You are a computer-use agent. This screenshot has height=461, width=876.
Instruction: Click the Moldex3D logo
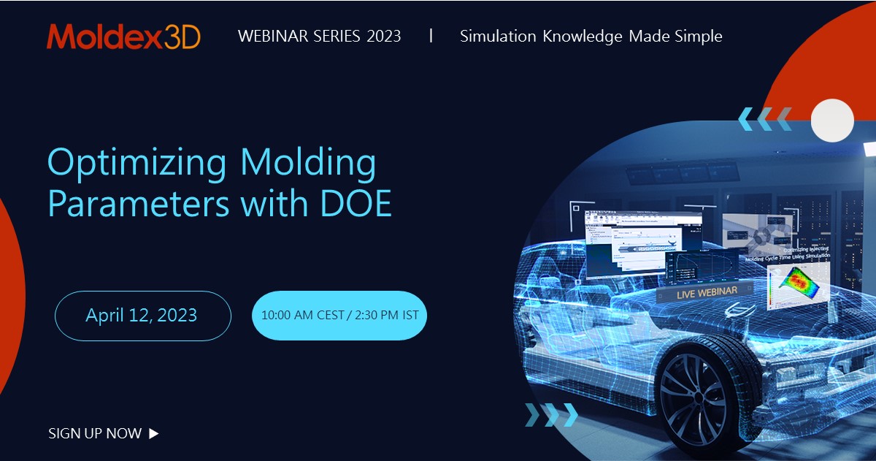tap(123, 37)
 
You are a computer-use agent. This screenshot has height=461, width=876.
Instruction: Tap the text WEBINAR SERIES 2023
tap(319, 37)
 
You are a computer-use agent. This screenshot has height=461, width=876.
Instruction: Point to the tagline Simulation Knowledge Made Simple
tap(591, 37)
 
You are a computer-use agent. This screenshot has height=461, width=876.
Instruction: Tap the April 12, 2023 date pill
tap(142, 316)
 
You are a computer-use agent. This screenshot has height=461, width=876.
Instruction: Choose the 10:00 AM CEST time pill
tap(339, 316)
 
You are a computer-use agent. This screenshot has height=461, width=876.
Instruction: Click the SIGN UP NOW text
tap(95, 433)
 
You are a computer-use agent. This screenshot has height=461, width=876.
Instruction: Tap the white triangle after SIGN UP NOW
tap(153, 433)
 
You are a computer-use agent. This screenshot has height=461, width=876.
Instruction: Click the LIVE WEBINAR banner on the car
tap(696, 292)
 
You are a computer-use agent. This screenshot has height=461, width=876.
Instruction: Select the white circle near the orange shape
tap(832, 120)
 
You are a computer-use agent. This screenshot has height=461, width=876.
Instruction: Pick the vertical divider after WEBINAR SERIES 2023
tap(431, 36)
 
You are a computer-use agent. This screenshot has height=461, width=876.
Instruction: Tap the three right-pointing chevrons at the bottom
tap(551, 415)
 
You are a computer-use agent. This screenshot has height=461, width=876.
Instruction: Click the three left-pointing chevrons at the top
tap(764, 118)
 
